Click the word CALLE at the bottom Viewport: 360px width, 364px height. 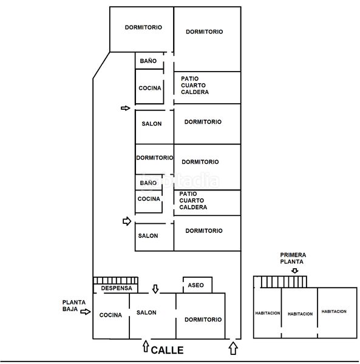coord(167,350)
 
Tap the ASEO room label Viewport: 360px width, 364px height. coord(195,285)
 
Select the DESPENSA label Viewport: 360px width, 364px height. coord(117,288)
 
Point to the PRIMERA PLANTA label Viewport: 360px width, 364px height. coord(293,258)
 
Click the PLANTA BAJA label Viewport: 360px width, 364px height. coord(74,306)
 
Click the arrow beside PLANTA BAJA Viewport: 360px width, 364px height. coord(86,312)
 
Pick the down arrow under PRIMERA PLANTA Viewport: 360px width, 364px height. coord(295,271)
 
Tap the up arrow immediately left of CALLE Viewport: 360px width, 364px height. coord(146,346)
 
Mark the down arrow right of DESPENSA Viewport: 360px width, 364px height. coord(155,289)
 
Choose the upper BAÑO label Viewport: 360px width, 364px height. coord(148,61)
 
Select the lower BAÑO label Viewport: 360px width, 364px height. coord(148,183)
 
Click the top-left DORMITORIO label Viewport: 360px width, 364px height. coord(143,27)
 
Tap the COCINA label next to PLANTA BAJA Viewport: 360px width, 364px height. coord(110,315)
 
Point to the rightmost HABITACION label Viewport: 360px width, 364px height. coord(334,311)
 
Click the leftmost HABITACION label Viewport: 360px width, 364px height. coord(268,313)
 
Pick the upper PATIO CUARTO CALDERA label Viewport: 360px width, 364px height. coord(195,85)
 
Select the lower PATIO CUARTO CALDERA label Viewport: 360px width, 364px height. coord(193,200)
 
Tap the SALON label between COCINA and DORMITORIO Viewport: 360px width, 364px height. coord(146,312)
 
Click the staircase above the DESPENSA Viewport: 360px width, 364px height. coord(115,280)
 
